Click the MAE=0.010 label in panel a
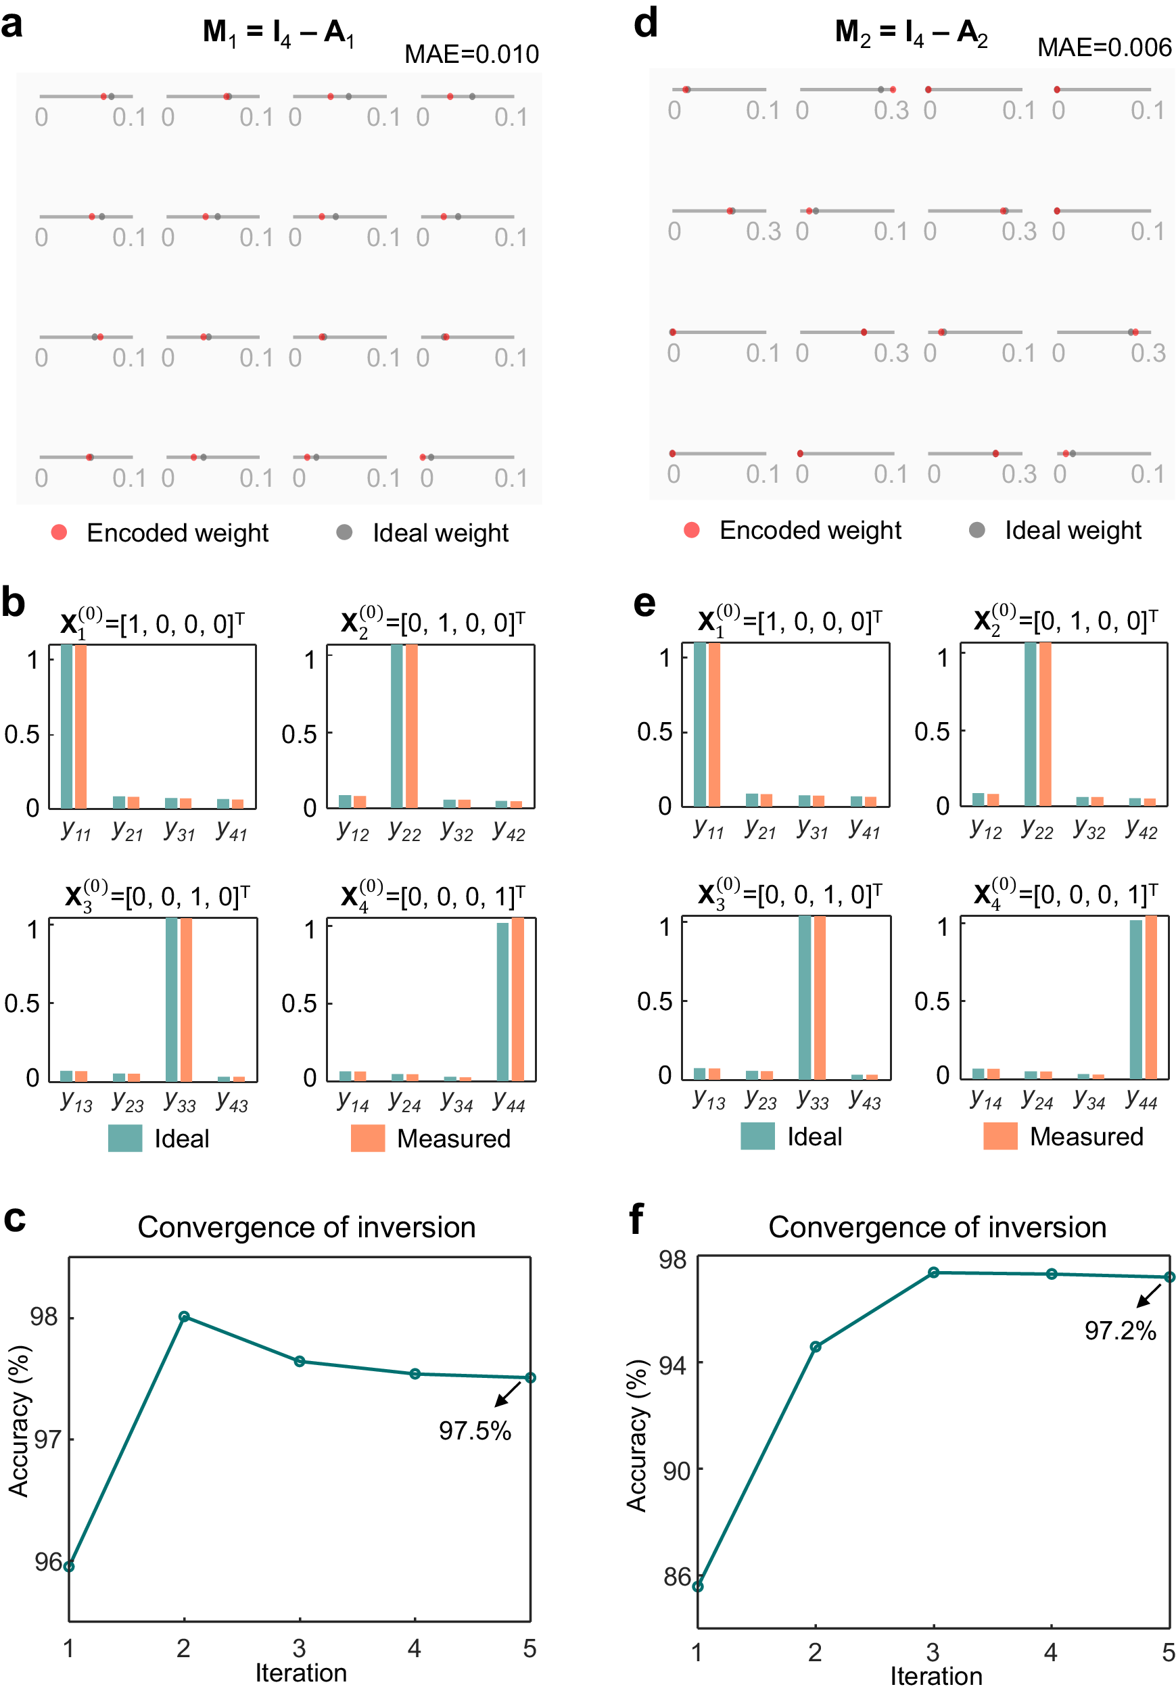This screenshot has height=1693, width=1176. [x=471, y=54]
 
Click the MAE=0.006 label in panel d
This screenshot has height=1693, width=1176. [x=1103, y=47]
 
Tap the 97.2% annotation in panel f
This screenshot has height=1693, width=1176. [x=1119, y=1330]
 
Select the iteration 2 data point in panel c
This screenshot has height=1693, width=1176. [x=184, y=1316]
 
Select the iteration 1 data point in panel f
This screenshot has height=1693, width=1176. [x=697, y=1586]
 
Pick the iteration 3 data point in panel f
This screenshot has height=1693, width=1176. [x=933, y=1272]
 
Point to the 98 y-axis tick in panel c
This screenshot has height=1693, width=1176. [x=43, y=1316]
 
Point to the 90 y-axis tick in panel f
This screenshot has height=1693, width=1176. [x=676, y=1471]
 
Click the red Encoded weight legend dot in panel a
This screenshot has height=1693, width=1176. [x=59, y=532]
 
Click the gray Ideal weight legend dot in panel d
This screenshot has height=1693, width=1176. [x=977, y=529]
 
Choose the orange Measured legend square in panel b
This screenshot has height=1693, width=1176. [x=368, y=1137]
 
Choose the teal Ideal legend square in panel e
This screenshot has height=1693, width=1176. [x=757, y=1135]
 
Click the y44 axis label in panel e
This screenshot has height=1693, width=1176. [x=1141, y=1100]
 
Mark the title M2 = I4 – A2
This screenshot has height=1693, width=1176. [x=911, y=32]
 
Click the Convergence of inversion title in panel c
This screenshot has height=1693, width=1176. [x=306, y=1227]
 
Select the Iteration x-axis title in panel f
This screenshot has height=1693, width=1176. [x=936, y=1676]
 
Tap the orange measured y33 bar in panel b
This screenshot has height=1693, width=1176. [x=187, y=999]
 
